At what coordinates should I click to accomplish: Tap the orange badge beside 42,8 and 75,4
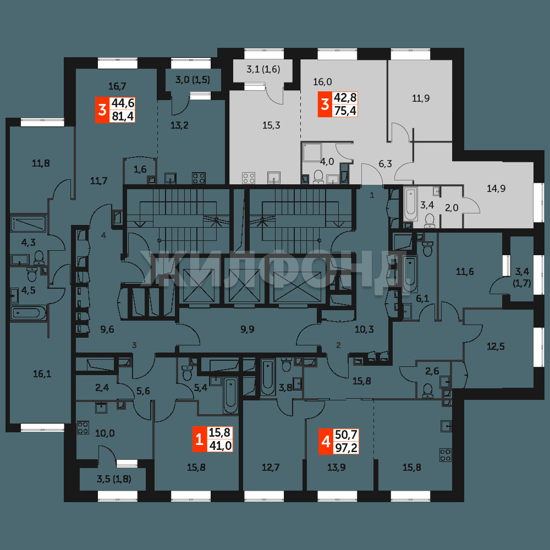point(325,104)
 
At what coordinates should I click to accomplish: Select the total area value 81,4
point(123,116)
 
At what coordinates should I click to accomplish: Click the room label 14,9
point(496,189)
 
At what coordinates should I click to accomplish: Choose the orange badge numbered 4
point(326,442)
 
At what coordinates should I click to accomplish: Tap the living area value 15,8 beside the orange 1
point(219,432)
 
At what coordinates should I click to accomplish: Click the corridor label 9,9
point(248,329)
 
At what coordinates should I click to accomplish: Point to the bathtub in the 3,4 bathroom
point(410,204)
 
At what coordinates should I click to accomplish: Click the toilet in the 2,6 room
point(427,391)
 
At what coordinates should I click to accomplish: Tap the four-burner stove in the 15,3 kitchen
point(249,178)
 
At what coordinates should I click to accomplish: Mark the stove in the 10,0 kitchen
point(83,428)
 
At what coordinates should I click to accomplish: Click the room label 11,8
point(41,163)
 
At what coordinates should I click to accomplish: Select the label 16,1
point(42,374)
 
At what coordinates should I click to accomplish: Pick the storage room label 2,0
point(452,208)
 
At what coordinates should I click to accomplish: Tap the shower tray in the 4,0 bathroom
point(312,152)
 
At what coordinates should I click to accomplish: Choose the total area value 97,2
point(346,448)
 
